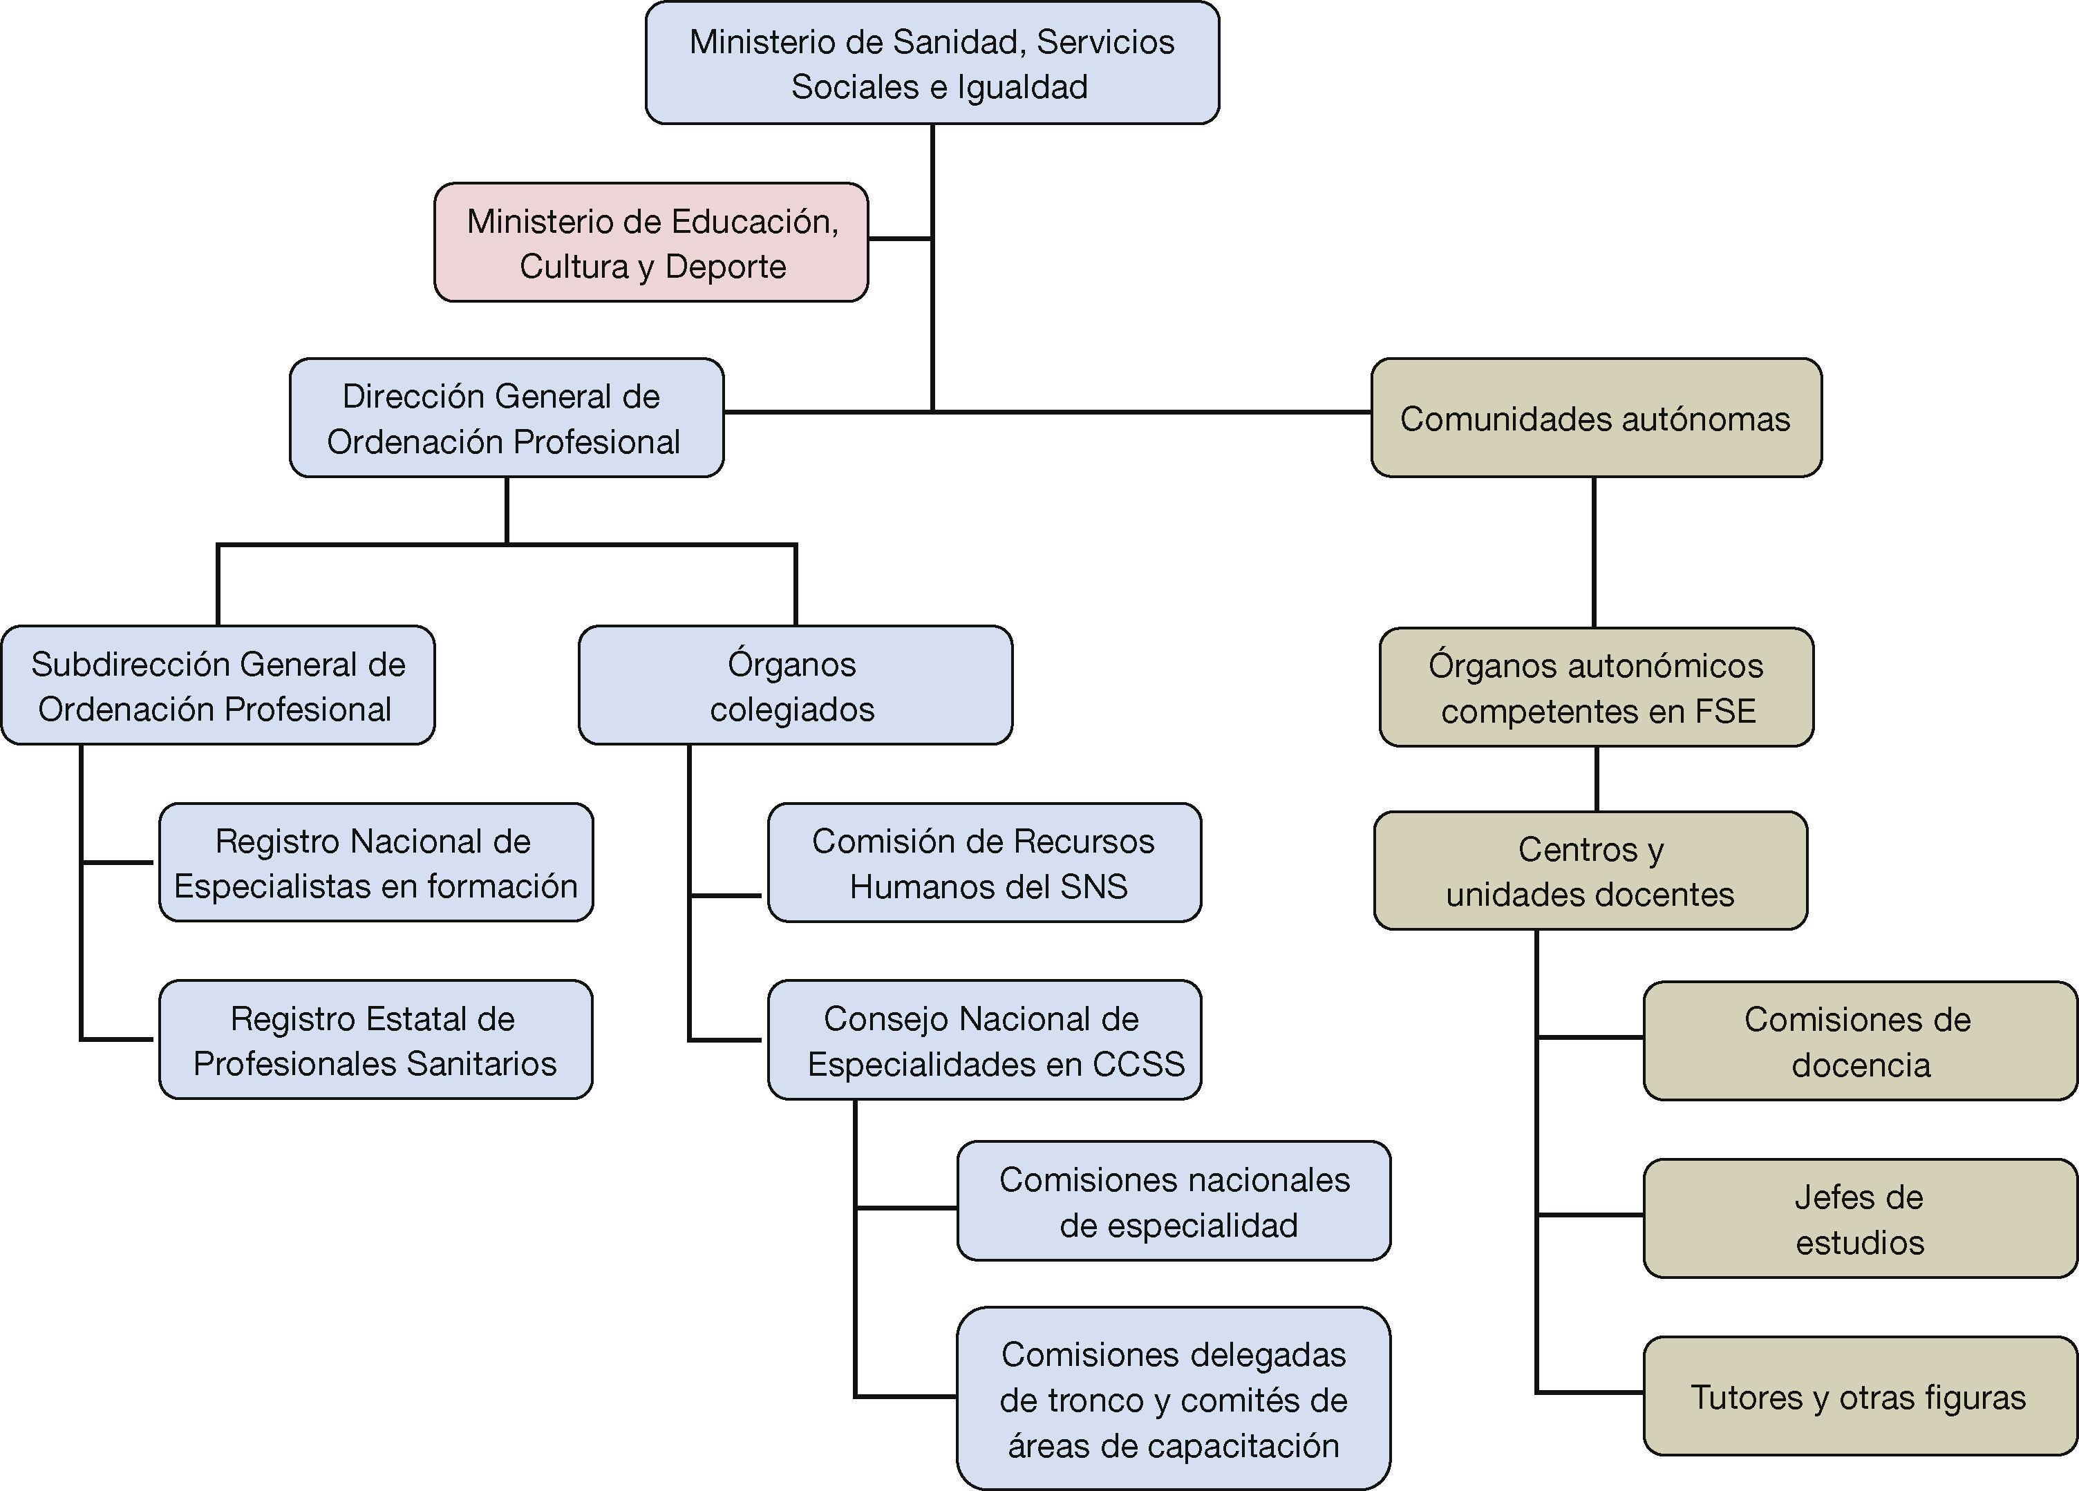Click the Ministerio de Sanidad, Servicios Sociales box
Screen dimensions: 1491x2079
click(932, 64)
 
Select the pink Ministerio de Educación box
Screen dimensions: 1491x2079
click(651, 243)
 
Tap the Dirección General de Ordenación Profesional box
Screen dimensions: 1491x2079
click(506, 418)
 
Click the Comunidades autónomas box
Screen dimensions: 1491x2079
click(1596, 418)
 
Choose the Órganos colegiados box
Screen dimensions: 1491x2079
click(795, 685)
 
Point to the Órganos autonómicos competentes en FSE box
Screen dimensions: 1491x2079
click(1596, 687)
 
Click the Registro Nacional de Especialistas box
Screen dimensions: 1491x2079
click(376, 862)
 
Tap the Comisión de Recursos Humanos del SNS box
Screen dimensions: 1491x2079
click(984, 862)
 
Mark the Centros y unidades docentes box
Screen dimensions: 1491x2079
click(1590, 871)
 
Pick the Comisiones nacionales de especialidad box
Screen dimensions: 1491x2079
click(1174, 1202)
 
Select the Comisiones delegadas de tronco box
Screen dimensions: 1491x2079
click(1174, 1398)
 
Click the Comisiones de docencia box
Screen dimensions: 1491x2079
click(1859, 1041)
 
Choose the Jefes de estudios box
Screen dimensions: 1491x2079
click(1859, 1219)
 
